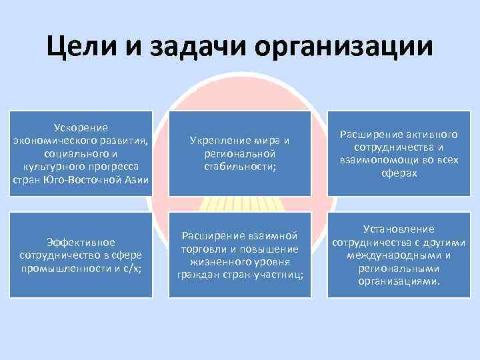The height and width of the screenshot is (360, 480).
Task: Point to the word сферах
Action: click(x=400, y=173)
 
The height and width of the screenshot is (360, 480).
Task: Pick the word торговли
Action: click(x=203, y=249)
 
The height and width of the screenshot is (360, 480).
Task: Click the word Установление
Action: click(x=400, y=229)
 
